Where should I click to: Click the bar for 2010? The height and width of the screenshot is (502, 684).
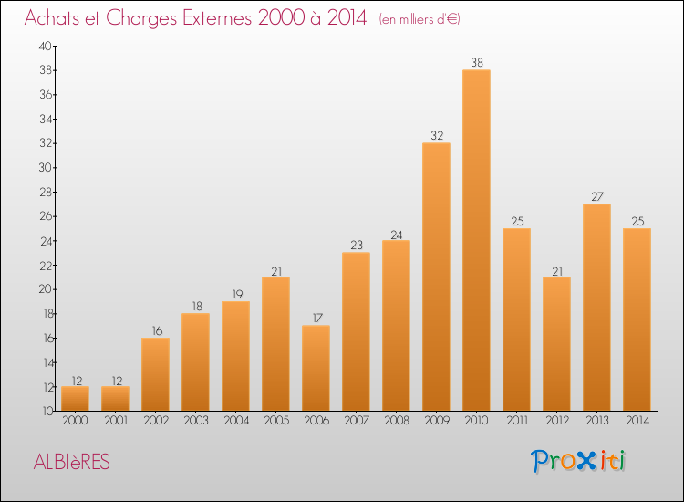(476, 240)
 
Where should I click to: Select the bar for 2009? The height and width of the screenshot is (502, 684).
(436, 277)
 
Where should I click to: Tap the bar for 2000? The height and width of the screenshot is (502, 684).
(75, 398)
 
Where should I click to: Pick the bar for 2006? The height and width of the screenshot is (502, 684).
(316, 368)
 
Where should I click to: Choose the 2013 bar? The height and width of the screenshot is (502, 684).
(596, 307)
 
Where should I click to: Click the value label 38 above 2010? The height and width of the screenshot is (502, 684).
(476, 63)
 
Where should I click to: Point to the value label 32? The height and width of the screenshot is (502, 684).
(436, 136)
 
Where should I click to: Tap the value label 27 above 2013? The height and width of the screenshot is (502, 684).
(596, 197)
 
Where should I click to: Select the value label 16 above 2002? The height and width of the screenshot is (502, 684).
(155, 331)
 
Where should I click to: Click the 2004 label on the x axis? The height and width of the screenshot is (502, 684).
(235, 421)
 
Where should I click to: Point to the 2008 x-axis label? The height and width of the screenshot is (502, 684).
(396, 421)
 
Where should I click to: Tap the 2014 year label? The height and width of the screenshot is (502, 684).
(637, 421)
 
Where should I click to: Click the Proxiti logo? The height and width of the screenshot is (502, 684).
(579, 461)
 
